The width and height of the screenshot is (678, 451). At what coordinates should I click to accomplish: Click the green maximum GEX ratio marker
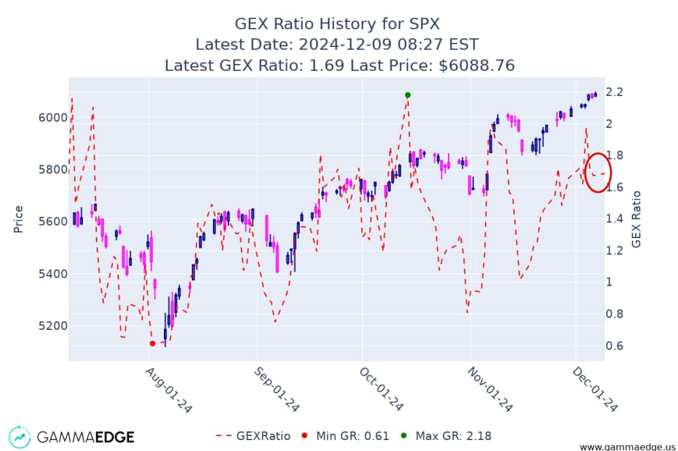pos(407,95)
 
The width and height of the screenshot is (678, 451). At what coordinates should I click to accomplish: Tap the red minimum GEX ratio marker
pos(152,344)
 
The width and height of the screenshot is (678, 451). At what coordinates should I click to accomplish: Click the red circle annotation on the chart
pos(598,172)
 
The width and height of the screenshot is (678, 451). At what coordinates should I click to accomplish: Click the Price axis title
pos(18,218)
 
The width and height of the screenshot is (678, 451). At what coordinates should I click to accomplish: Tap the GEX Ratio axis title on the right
pos(637,218)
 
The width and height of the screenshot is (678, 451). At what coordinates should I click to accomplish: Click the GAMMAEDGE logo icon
pos(20,437)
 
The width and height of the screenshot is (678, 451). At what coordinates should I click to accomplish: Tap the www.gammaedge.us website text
pos(626,446)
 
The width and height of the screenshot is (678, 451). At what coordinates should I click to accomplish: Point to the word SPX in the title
pos(423,24)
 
